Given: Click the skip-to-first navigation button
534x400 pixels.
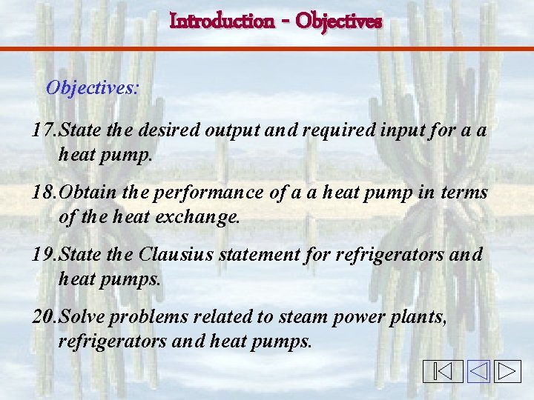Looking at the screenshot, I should pos(443,371).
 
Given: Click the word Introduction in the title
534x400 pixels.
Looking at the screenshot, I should pos(222,21).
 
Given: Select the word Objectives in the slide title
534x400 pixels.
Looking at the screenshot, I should pos(339,21).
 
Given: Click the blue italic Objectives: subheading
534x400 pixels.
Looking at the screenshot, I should pos(92,88).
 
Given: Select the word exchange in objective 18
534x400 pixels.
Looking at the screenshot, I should pos(200,218).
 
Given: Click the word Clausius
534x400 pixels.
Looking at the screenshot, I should pos(173,255).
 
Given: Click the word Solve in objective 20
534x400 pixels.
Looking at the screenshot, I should pos(82,317).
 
